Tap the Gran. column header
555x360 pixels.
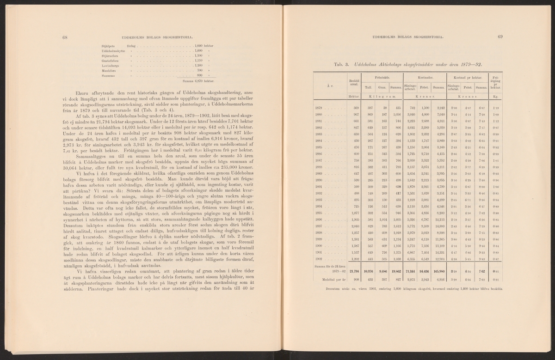tap(382, 87)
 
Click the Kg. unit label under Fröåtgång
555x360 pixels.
tap(495, 97)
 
